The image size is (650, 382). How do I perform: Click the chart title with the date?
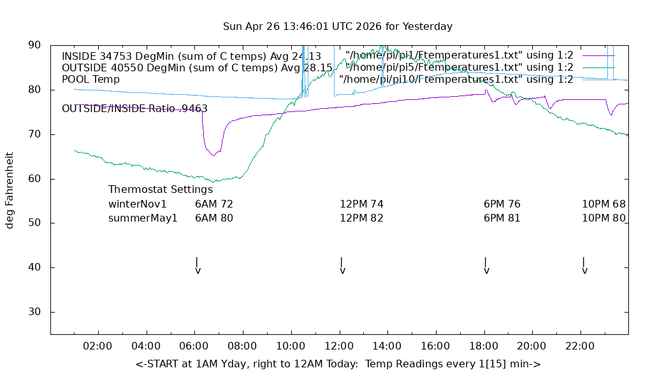tap(338, 27)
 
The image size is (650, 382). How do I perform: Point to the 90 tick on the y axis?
tap(35, 45)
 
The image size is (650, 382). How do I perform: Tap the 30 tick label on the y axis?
tap(35, 312)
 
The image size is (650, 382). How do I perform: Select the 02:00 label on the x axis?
tap(98, 346)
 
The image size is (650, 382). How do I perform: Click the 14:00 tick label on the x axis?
tap(387, 346)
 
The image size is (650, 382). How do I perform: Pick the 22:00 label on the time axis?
tap(580, 346)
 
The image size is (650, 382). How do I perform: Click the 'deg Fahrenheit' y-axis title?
tap(10, 190)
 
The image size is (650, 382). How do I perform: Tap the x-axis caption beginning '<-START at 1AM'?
tap(338, 364)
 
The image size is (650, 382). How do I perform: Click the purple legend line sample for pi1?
tap(598, 55)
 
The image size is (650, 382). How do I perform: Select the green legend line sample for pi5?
tap(598, 67)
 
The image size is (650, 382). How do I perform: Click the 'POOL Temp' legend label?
tap(90, 80)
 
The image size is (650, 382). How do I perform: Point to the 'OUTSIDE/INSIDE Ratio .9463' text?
tap(134, 109)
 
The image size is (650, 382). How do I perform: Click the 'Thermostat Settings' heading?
tap(161, 190)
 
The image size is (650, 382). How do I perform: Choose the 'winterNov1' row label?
tap(137, 204)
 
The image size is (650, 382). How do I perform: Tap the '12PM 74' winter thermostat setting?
tap(361, 204)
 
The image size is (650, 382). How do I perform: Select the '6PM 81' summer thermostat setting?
tap(502, 218)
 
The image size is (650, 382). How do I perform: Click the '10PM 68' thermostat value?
tap(603, 204)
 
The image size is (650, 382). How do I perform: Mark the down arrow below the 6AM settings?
tap(198, 265)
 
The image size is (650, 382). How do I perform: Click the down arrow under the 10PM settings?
tap(584, 265)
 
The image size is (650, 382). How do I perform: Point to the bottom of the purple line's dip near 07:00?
tap(213, 155)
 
